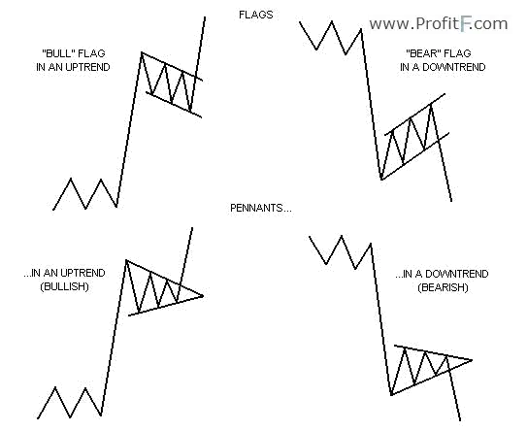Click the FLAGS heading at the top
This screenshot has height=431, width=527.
tap(256, 15)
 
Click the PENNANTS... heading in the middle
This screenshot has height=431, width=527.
tap(261, 208)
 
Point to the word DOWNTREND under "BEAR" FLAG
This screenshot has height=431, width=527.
tap(454, 67)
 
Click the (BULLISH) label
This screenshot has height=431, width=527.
tap(64, 286)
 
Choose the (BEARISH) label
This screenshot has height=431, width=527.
tap(443, 287)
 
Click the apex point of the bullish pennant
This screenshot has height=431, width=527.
tap(203, 296)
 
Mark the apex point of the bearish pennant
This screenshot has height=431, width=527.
tap(472, 360)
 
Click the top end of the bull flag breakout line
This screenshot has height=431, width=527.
tap(205, 17)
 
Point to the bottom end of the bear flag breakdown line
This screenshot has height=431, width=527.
tap(451, 201)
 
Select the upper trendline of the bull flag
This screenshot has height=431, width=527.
tap(172, 66)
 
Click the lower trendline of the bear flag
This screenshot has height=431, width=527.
tap(415, 156)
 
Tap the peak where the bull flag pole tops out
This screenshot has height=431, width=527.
tap(142, 52)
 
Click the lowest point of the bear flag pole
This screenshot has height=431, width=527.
tap(381, 180)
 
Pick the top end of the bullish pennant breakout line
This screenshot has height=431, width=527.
tap(192, 227)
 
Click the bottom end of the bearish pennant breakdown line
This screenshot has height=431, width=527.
tap(460, 420)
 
